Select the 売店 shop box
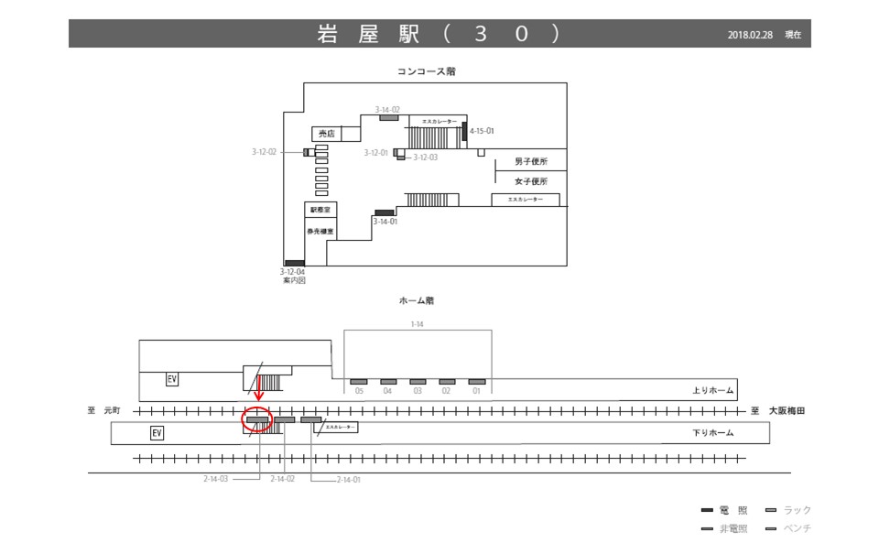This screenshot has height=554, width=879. (x=324, y=134)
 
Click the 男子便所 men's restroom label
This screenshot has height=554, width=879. (x=530, y=162)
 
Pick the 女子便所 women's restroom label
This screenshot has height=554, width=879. (x=530, y=181)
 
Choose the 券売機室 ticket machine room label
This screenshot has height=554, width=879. (x=320, y=232)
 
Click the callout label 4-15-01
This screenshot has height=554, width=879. (x=483, y=131)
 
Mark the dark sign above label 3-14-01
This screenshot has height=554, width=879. (x=384, y=212)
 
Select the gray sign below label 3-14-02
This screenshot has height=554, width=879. (x=389, y=117)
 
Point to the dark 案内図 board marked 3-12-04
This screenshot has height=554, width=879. (x=294, y=264)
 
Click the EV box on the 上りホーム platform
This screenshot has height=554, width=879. (x=171, y=378)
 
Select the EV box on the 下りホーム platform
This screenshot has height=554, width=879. (x=157, y=432)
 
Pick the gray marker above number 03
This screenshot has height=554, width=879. (x=418, y=381)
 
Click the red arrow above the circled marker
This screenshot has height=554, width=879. (x=259, y=391)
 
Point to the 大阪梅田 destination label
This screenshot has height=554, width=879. (x=787, y=411)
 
